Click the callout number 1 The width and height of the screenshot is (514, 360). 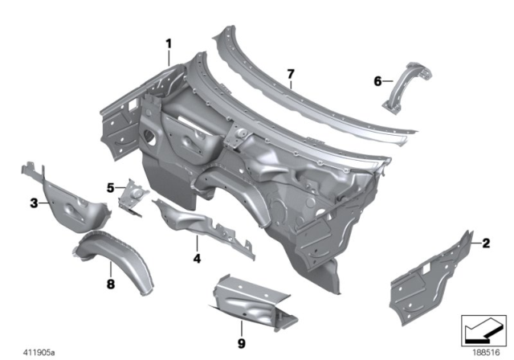(169, 43)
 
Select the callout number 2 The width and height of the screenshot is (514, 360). (486, 242)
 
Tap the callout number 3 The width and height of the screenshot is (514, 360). (35, 203)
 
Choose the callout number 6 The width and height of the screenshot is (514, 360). (378, 80)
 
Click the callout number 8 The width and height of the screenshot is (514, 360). (112, 282)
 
